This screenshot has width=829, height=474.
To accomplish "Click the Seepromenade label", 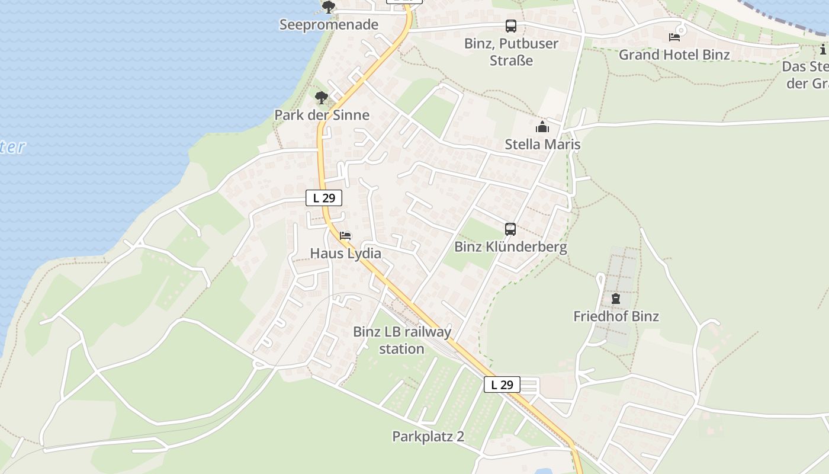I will pos(329,25).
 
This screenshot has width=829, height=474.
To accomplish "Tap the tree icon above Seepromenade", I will pos(329,7).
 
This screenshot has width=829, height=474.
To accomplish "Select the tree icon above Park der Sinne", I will pos(322,97).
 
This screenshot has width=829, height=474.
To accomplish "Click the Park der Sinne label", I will pos(322,115).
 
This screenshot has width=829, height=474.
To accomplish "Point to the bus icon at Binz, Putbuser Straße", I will pos(510,26).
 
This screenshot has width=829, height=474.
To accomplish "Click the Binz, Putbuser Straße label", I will pos(511,52).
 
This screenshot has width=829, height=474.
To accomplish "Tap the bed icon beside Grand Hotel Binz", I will pos(674,37).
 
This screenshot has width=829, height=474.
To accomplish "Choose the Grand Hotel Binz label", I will pos(674,55).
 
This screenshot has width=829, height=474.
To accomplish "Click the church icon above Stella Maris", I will pos(542,127).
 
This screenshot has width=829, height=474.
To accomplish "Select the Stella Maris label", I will pos(542,145).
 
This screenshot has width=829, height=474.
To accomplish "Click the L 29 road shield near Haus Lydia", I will pos(324,198).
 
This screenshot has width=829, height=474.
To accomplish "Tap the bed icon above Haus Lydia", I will pos(345,236).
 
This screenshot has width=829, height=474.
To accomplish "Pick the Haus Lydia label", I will pos(345,254).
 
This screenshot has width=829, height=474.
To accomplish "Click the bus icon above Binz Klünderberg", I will pos(510,229).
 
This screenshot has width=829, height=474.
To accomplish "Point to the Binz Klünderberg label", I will pos(510,247).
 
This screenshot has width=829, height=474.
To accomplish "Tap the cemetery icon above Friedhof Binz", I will pos(616,299).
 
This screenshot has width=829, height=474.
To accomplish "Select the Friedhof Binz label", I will pos(616,316).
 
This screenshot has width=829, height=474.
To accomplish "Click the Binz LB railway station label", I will pos(402,340).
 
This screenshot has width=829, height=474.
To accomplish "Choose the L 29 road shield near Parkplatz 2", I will pos(502,385).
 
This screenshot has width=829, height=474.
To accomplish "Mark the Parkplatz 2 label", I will pos(428,437).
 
